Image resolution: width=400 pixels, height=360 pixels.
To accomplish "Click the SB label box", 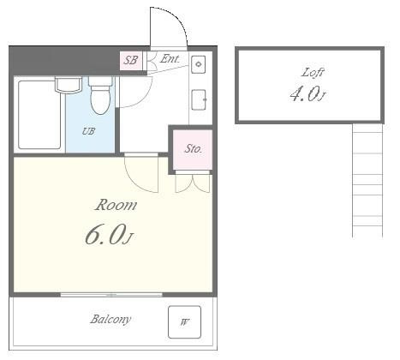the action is click(x=131, y=60).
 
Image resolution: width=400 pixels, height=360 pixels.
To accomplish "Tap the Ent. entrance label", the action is click(x=170, y=59).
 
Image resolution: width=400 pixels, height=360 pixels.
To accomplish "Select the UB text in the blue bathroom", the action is click(x=88, y=131).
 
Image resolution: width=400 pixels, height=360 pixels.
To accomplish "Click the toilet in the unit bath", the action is click(x=100, y=95).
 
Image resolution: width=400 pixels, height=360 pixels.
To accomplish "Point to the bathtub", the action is click(x=39, y=115).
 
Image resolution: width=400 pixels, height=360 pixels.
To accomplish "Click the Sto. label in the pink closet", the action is click(x=194, y=148).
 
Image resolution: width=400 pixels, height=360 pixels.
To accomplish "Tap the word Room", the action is click(x=116, y=205).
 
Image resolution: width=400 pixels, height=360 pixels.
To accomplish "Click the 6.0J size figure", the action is click(x=109, y=235).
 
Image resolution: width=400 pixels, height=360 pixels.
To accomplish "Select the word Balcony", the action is click(x=110, y=319).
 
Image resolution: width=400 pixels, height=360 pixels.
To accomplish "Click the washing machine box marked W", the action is click(x=184, y=322).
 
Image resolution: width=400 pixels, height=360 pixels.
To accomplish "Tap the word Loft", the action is click(x=313, y=72).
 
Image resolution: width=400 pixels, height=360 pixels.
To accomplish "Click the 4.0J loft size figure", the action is click(x=307, y=94).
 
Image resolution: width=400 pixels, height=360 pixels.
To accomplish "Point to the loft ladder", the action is click(x=367, y=180).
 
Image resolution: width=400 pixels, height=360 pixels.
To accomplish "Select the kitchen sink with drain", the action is click(x=199, y=64).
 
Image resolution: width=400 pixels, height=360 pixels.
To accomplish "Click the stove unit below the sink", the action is click(x=199, y=99).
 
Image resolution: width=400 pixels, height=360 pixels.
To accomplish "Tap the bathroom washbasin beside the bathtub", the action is click(x=69, y=85).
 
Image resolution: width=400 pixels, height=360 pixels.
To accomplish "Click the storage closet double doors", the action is click(x=193, y=182).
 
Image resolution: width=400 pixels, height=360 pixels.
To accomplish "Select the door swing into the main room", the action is click(x=141, y=174).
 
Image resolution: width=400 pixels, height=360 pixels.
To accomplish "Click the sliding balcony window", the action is click(x=111, y=295).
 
